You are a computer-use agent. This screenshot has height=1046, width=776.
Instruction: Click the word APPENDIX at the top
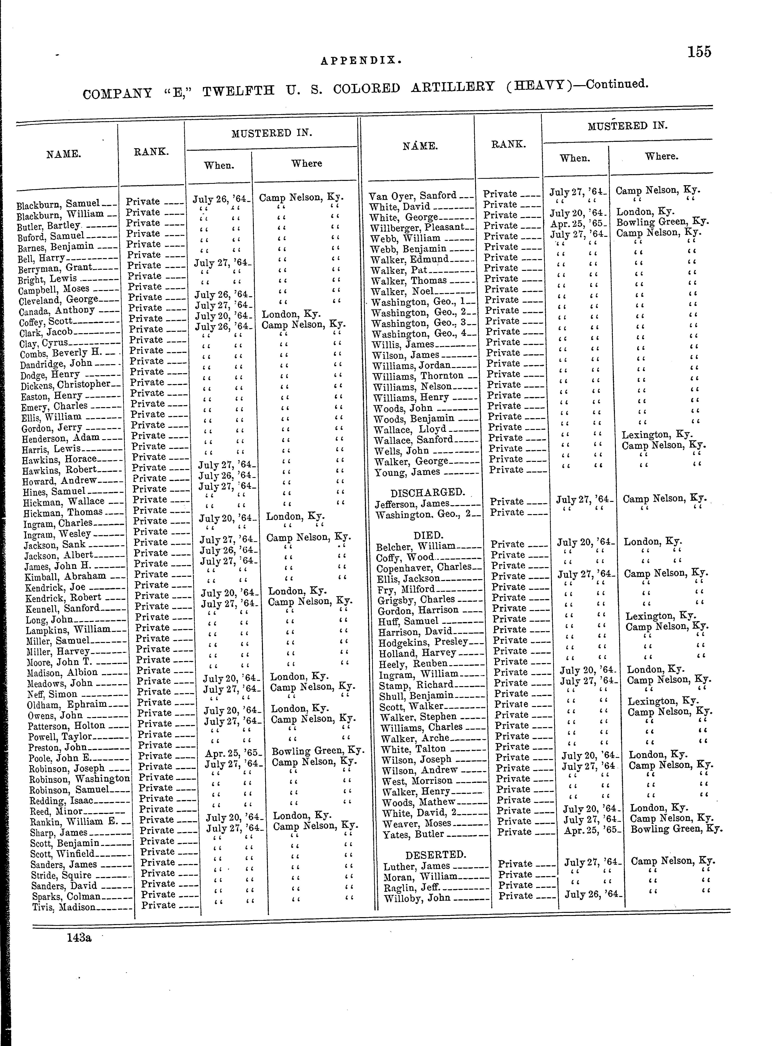pos(361,60)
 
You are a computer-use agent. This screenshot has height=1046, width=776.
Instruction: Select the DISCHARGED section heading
pos(427,492)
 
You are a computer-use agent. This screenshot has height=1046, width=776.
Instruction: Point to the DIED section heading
pos(428,535)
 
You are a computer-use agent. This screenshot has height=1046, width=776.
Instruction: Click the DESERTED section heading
pos(435,854)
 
